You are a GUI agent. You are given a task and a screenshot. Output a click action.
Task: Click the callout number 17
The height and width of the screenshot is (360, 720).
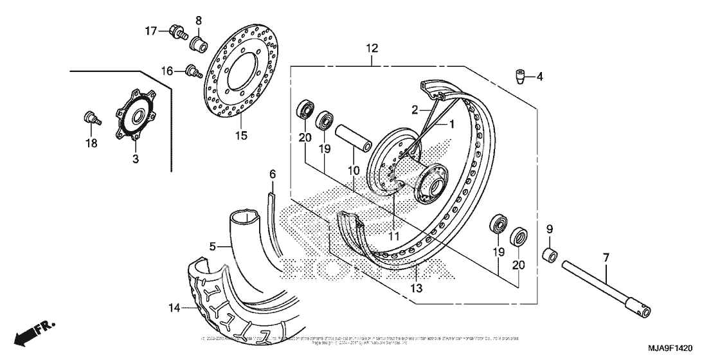click(x=150, y=31)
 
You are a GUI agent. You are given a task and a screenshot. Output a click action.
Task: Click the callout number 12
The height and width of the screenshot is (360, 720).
click(x=373, y=49)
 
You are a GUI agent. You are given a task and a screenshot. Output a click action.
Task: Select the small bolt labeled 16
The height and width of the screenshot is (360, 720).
click(x=191, y=71)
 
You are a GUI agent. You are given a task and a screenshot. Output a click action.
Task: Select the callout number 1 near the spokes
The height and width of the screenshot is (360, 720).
click(x=451, y=123)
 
